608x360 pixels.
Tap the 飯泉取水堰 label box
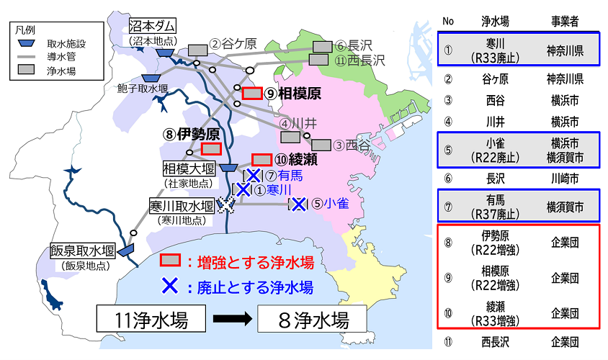click(83, 251)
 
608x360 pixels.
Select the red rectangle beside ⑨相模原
click(251, 94)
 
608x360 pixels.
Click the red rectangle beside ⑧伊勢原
click(211, 148)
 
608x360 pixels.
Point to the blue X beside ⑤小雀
click(298, 204)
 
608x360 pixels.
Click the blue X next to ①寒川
click(243, 189)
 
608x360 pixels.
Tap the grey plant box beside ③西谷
click(321, 145)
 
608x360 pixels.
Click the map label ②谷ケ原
click(233, 44)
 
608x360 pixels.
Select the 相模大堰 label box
click(188, 168)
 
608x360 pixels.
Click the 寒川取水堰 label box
click(182, 205)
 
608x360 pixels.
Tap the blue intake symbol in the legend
click(26, 45)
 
